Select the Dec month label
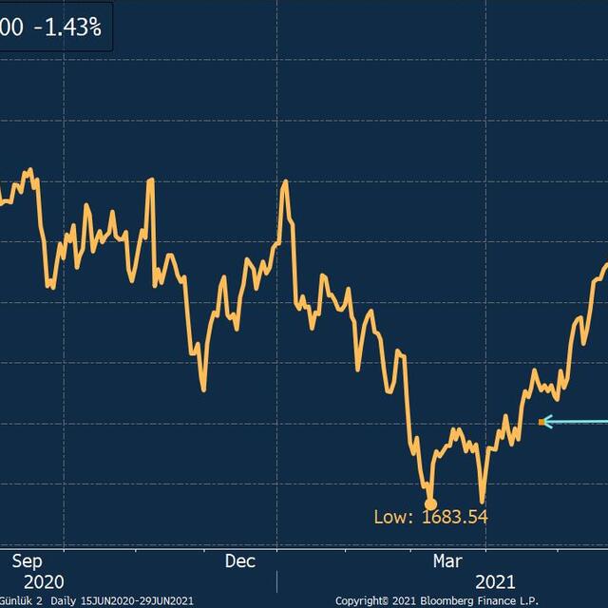coord(241,560)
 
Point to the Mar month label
coord(448,560)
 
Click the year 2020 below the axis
coord(45,580)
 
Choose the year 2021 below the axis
coord(495,580)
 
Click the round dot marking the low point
coord(430,504)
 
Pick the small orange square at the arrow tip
coord(541,422)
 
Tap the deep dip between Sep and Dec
coord(203,389)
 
